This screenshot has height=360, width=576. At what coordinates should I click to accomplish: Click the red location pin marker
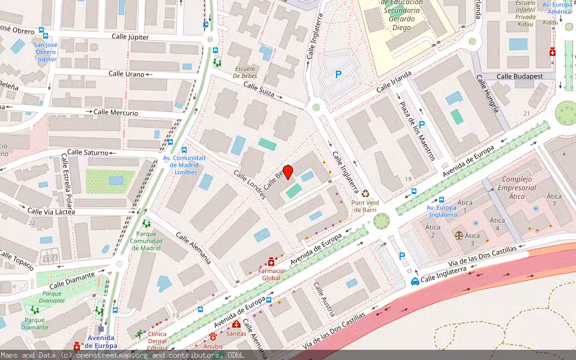(x=288, y=172)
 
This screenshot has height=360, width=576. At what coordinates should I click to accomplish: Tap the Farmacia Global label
(x=270, y=274)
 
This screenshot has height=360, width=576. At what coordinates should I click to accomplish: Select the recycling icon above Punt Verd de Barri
(x=365, y=194)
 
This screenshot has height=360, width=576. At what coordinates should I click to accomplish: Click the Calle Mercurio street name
(x=116, y=112)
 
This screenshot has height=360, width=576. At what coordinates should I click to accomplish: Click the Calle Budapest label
(x=520, y=76)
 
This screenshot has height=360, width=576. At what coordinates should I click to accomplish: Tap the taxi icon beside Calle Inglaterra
(x=415, y=281)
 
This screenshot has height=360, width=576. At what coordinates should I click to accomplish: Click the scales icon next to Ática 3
(x=459, y=236)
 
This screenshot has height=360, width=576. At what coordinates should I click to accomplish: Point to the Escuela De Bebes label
(x=245, y=72)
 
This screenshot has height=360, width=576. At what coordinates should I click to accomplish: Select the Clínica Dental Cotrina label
(x=157, y=341)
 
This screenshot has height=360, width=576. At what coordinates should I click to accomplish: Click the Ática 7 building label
(x=554, y=200)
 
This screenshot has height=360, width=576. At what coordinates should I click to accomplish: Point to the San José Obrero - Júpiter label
(x=46, y=52)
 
